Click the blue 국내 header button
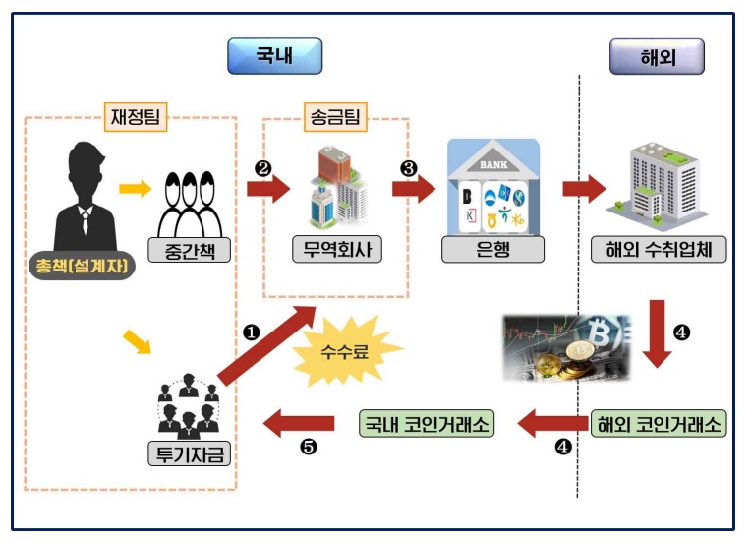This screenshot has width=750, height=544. tap(274, 56)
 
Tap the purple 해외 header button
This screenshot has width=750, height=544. tap(656, 56)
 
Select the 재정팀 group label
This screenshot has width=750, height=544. tap(135, 118)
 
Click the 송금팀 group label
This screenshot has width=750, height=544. tap(335, 119)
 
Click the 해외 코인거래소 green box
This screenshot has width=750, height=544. tap(659, 424)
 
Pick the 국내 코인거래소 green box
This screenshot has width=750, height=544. tap(427, 424)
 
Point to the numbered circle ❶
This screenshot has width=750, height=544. tap(251, 332)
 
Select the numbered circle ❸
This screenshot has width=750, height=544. tap(409, 168)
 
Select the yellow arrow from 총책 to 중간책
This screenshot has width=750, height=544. tap(135, 187)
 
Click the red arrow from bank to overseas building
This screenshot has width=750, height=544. tap(584, 188)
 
